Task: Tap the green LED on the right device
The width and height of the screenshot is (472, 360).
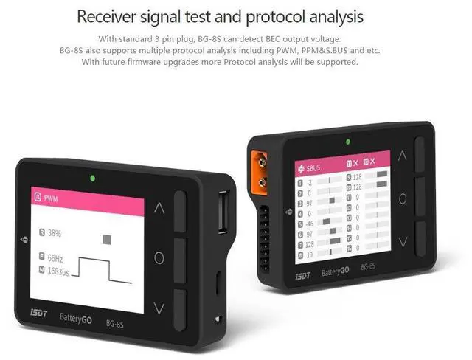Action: pos(347,141)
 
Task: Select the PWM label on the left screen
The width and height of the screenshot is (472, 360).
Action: pos(51,198)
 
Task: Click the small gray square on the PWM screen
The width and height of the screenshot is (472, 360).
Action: pos(107,239)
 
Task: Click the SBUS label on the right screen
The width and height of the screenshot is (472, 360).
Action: pos(316,169)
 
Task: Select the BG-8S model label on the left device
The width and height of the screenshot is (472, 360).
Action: pos(115,323)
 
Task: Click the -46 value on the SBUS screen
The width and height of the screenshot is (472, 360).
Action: pos(311,222)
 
